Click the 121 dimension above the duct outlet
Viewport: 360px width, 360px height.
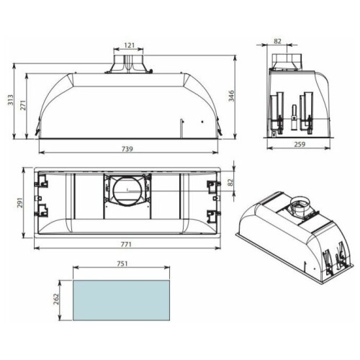tap(130, 45)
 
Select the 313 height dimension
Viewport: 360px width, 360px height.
tap(11, 100)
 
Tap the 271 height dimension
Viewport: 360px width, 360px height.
tap(23, 105)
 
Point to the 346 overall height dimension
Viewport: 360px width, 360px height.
tap(231, 96)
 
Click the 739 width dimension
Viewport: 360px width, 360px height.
tap(127, 149)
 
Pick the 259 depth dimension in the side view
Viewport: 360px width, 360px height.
tap(300, 144)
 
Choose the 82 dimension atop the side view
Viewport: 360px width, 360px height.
tap(277, 41)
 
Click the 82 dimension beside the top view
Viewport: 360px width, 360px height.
tap(230, 182)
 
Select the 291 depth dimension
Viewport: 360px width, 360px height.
tap(19, 203)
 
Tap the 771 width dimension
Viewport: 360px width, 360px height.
tap(126, 244)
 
